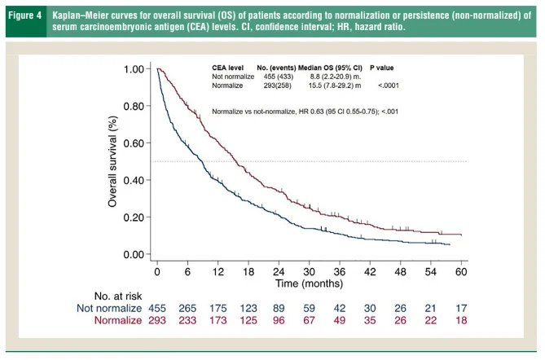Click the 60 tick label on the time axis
[x=461, y=270]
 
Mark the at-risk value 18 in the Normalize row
[x=461, y=323]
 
